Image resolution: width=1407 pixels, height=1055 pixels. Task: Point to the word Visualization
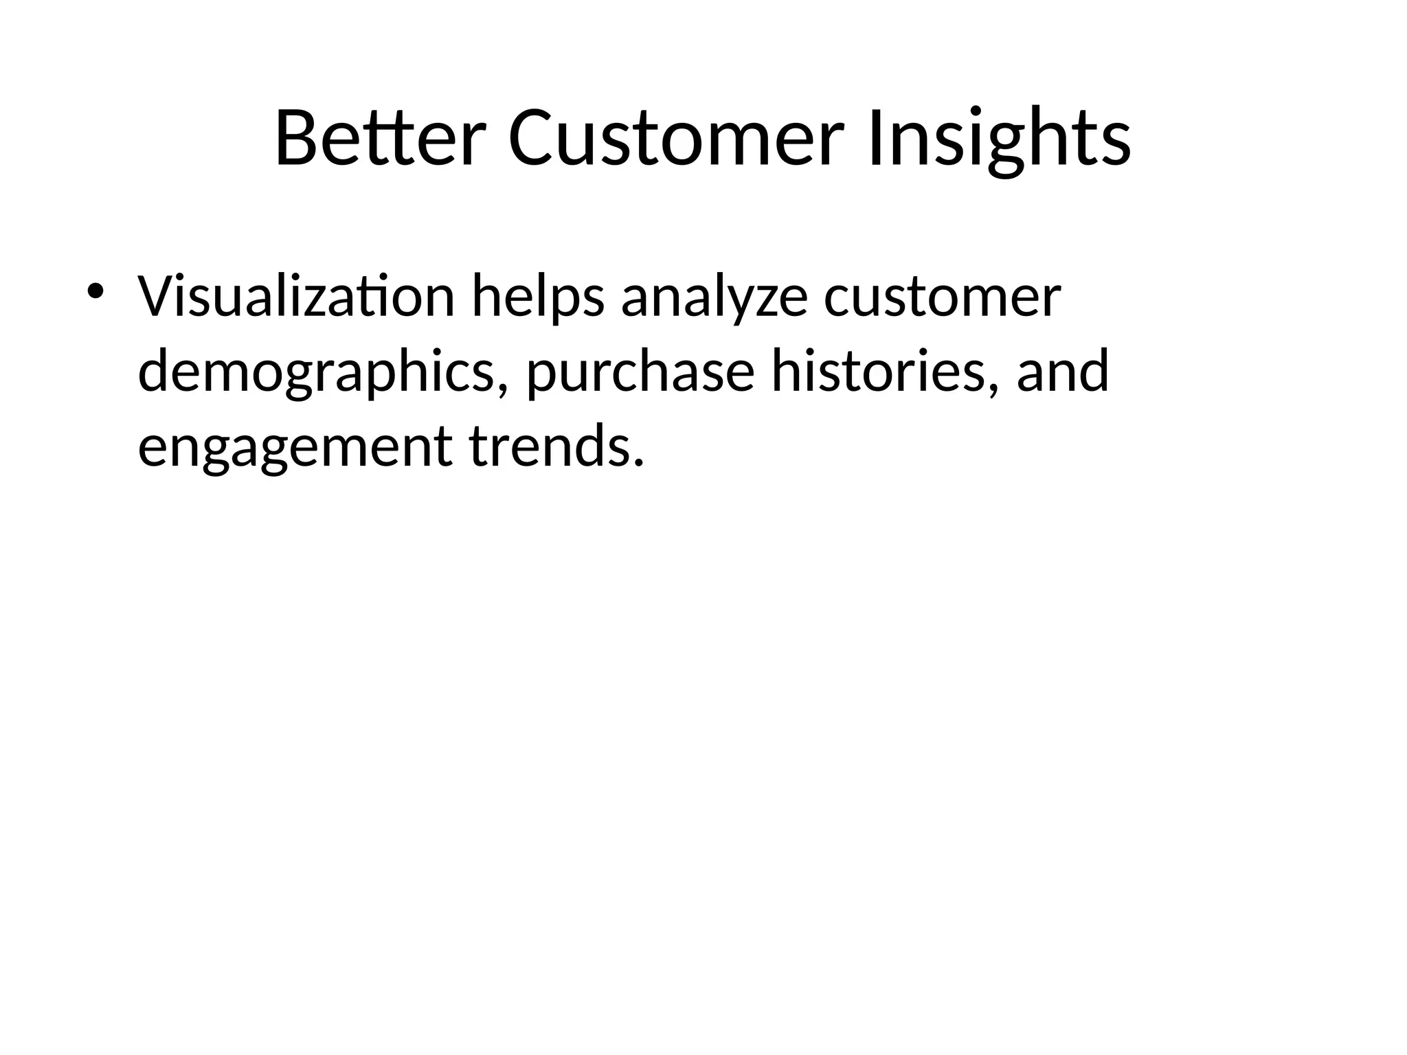pyautogui.click(x=296, y=297)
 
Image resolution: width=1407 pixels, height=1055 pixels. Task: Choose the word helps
pyautogui.click(x=538, y=297)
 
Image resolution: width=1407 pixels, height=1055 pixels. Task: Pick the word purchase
pyautogui.click(x=640, y=372)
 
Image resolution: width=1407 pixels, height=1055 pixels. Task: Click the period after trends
pyautogui.click(x=638, y=463)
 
